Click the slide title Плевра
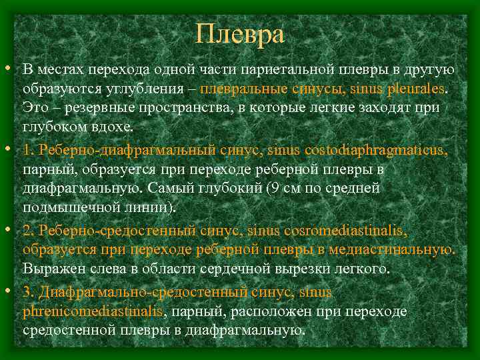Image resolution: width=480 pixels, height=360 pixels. pyautogui.click(x=240, y=33)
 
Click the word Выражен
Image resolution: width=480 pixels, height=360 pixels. pyautogui.click(x=51, y=269)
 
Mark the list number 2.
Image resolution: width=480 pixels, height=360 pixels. pyautogui.click(x=27, y=231)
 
